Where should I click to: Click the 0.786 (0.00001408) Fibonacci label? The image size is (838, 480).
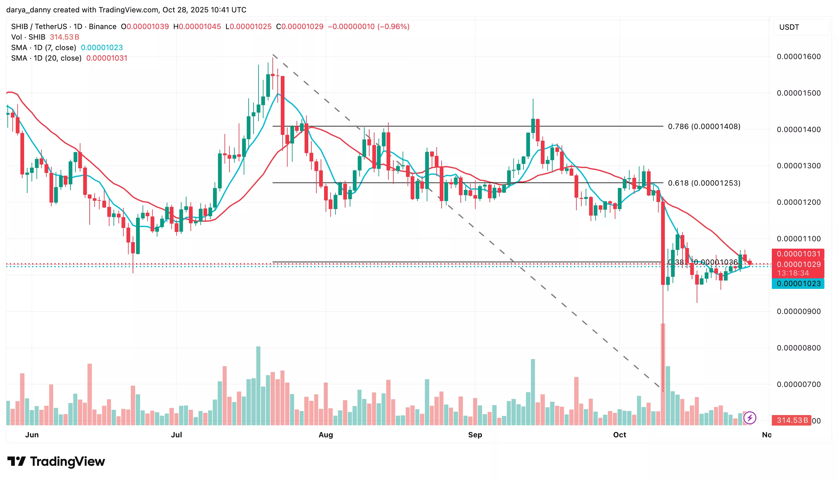coord(703,126)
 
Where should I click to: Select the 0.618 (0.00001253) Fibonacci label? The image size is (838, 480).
coord(703,183)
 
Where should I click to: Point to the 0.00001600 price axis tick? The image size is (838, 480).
coord(798,57)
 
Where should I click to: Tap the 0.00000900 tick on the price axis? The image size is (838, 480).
coord(798,311)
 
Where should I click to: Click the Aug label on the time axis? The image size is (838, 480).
coord(326,435)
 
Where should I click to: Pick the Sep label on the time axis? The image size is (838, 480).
coord(475,435)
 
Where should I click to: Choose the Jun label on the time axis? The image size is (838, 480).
coord(32,435)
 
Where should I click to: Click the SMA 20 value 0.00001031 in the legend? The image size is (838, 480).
coord(107,58)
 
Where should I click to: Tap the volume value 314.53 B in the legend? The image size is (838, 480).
coord(65,37)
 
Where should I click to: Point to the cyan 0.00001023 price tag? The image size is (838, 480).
coord(798,284)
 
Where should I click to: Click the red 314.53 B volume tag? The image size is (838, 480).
coord(792,420)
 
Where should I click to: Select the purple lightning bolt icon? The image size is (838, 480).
coord(750,418)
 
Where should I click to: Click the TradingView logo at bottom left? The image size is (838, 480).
coord(56,461)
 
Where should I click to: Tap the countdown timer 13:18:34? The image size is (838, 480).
coord(793,273)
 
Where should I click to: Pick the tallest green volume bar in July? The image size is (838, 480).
coord(258,386)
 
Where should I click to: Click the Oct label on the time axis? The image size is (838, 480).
coord(619,435)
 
